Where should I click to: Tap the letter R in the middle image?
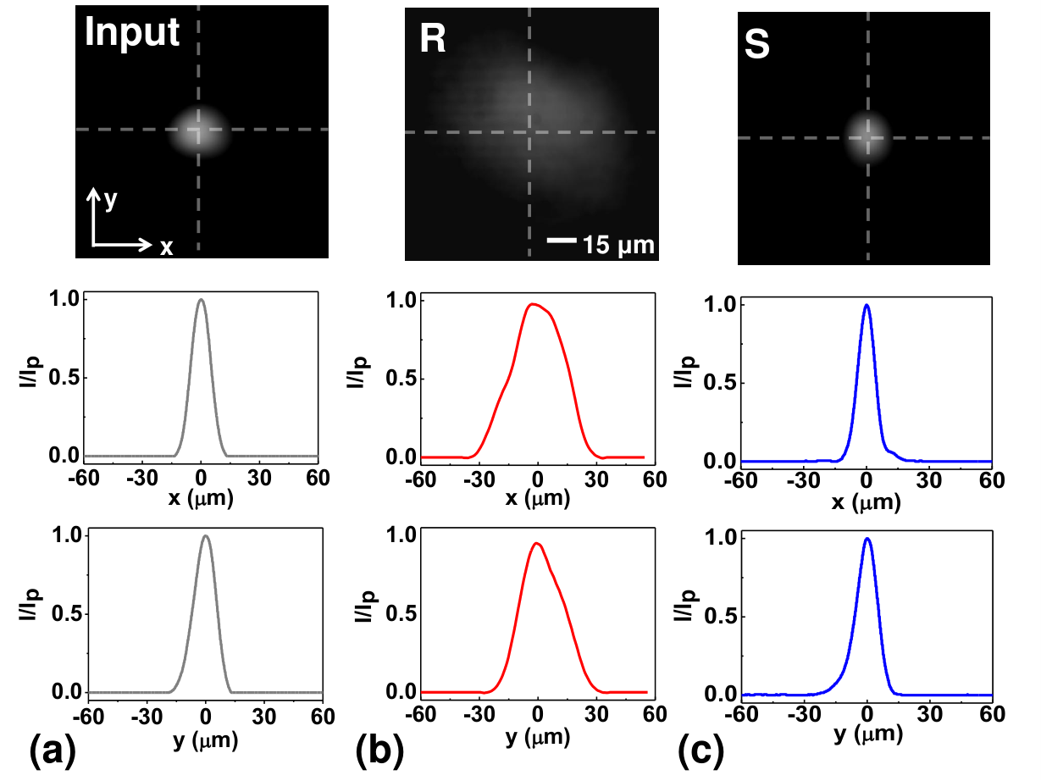[x=433, y=38]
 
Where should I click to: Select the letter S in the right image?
[x=757, y=45]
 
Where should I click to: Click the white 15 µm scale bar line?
[x=562, y=240]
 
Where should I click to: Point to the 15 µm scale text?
[x=618, y=246]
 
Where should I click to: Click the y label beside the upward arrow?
[x=110, y=200]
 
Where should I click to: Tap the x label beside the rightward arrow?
[x=167, y=247]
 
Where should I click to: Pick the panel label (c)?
[x=701, y=751]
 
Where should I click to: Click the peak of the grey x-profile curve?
[x=201, y=299]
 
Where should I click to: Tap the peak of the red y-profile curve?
[x=537, y=543]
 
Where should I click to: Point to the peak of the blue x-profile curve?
[x=867, y=305]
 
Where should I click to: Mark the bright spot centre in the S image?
[x=867, y=138]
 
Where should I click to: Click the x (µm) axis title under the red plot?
[x=538, y=499]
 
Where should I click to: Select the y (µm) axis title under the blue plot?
[x=868, y=734]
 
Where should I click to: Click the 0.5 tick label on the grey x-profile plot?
[x=64, y=378]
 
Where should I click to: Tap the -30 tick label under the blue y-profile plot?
[x=805, y=714]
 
